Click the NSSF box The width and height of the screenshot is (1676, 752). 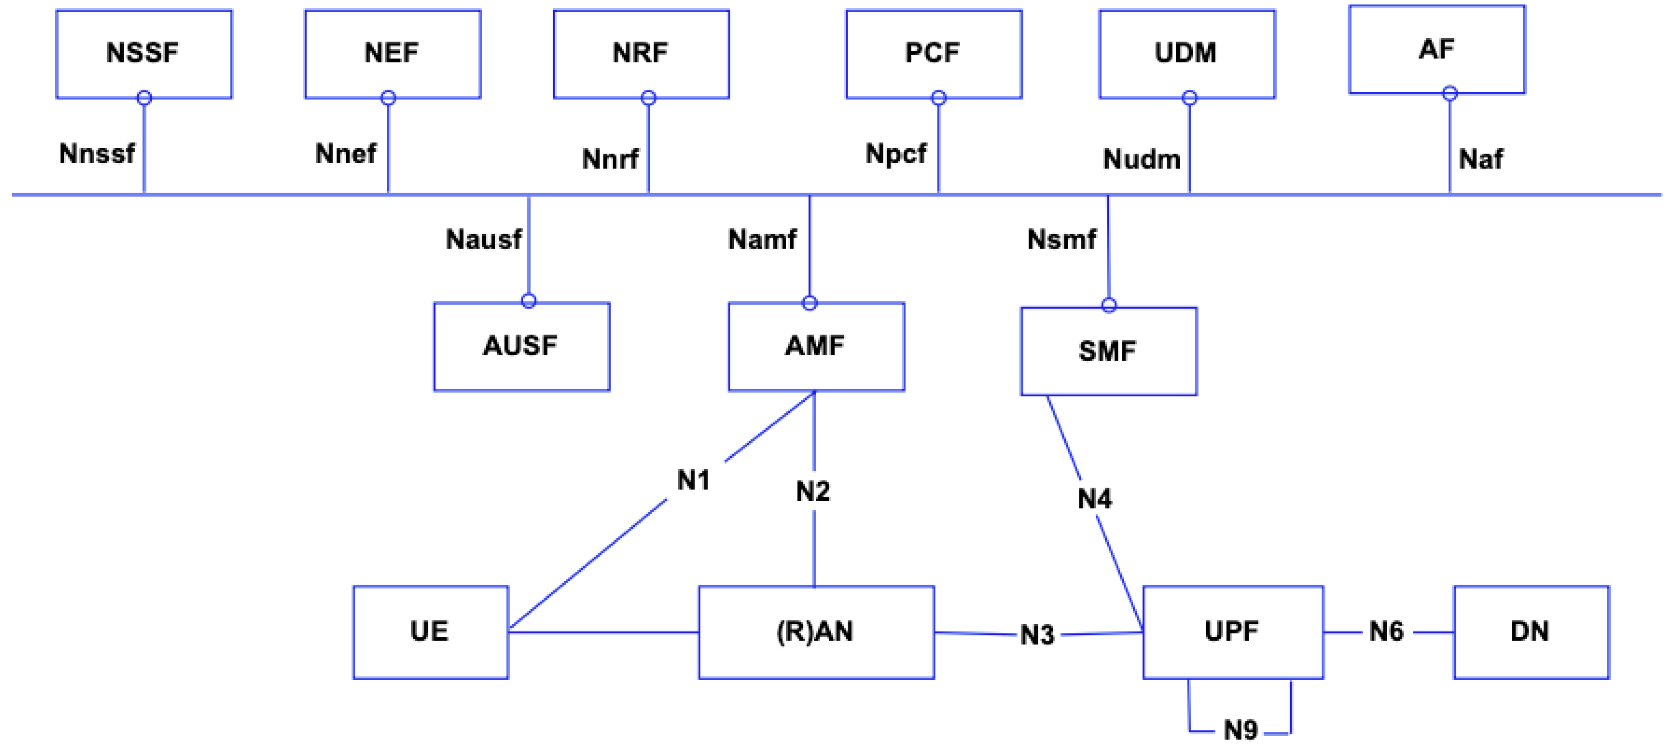pyautogui.click(x=144, y=53)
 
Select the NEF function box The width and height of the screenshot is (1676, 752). pyautogui.click(x=392, y=53)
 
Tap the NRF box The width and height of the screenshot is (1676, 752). pyautogui.click(x=641, y=53)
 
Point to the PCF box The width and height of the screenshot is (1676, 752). pyautogui.click(x=934, y=53)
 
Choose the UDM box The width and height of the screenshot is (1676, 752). pyautogui.click(x=1187, y=53)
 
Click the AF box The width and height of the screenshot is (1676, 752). pyautogui.click(x=1437, y=49)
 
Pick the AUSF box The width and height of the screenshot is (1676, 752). pyautogui.click(x=521, y=346)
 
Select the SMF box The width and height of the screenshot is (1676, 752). pyautogui.click(x=1108, y=351)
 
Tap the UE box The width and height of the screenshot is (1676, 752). pyautogui.click(x=430, y=632)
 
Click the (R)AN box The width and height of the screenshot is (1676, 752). pyautogui.click(x=816, y=632)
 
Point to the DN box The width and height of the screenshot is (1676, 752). pyautogui.click(x=1531, y=632)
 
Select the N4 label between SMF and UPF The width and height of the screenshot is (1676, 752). pyautogui.click(x=1094, y=499)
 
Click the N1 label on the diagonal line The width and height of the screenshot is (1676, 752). pyautogui.click(x=693, y=481)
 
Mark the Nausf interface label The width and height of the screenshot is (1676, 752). pyautogui.click(x=483, y=239)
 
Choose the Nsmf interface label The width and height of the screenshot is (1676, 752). pyautogui.click(x=1061, y=239)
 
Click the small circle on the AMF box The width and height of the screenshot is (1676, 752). pyautogui.click(x=810, y=302)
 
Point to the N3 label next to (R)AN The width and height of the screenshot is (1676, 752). pyautogui.click(x=1037, y=635)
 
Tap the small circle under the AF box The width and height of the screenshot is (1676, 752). pyautogui.click(x=1450, y=94)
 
